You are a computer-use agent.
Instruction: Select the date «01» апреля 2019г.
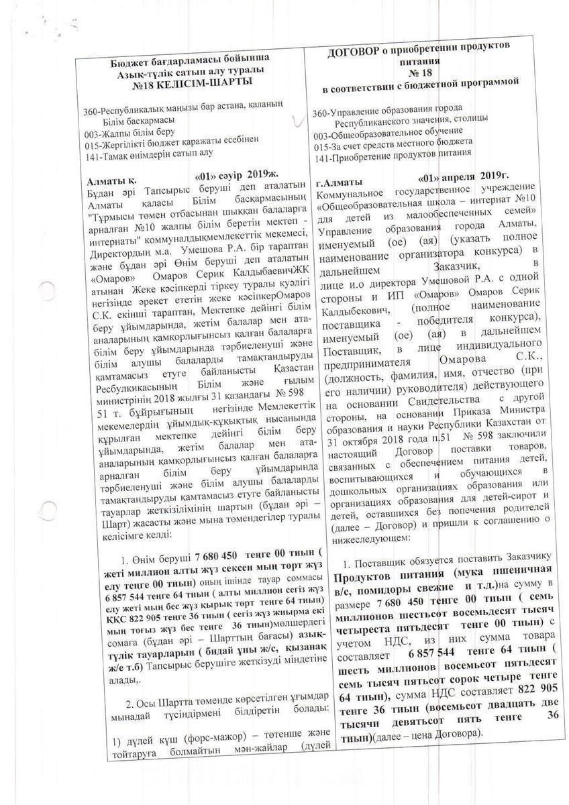coord(464,176)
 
